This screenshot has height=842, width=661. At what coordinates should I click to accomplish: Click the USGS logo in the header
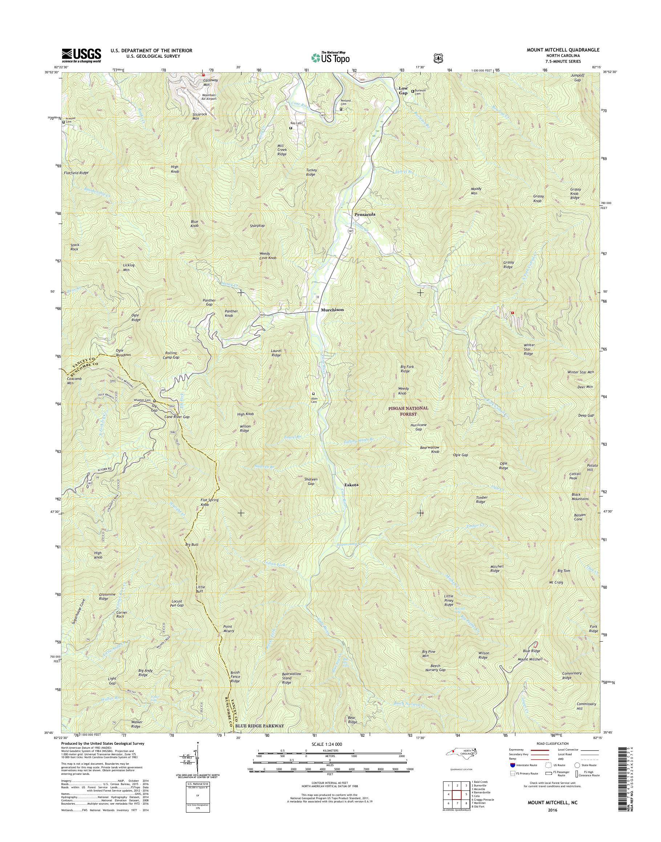[x=81, y=55]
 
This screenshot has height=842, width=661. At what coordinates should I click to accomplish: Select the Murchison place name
[x=332, y=310]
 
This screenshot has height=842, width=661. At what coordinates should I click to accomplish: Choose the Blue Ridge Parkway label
[x=260, y=726]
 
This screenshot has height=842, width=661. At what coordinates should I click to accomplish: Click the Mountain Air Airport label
[x=208, y=97]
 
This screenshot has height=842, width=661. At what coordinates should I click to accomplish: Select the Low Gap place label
[x=403, y=90]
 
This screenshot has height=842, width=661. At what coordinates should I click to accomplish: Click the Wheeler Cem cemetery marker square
[x=154, y=401]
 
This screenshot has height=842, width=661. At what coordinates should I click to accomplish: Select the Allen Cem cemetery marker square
[x=313, y=394]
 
